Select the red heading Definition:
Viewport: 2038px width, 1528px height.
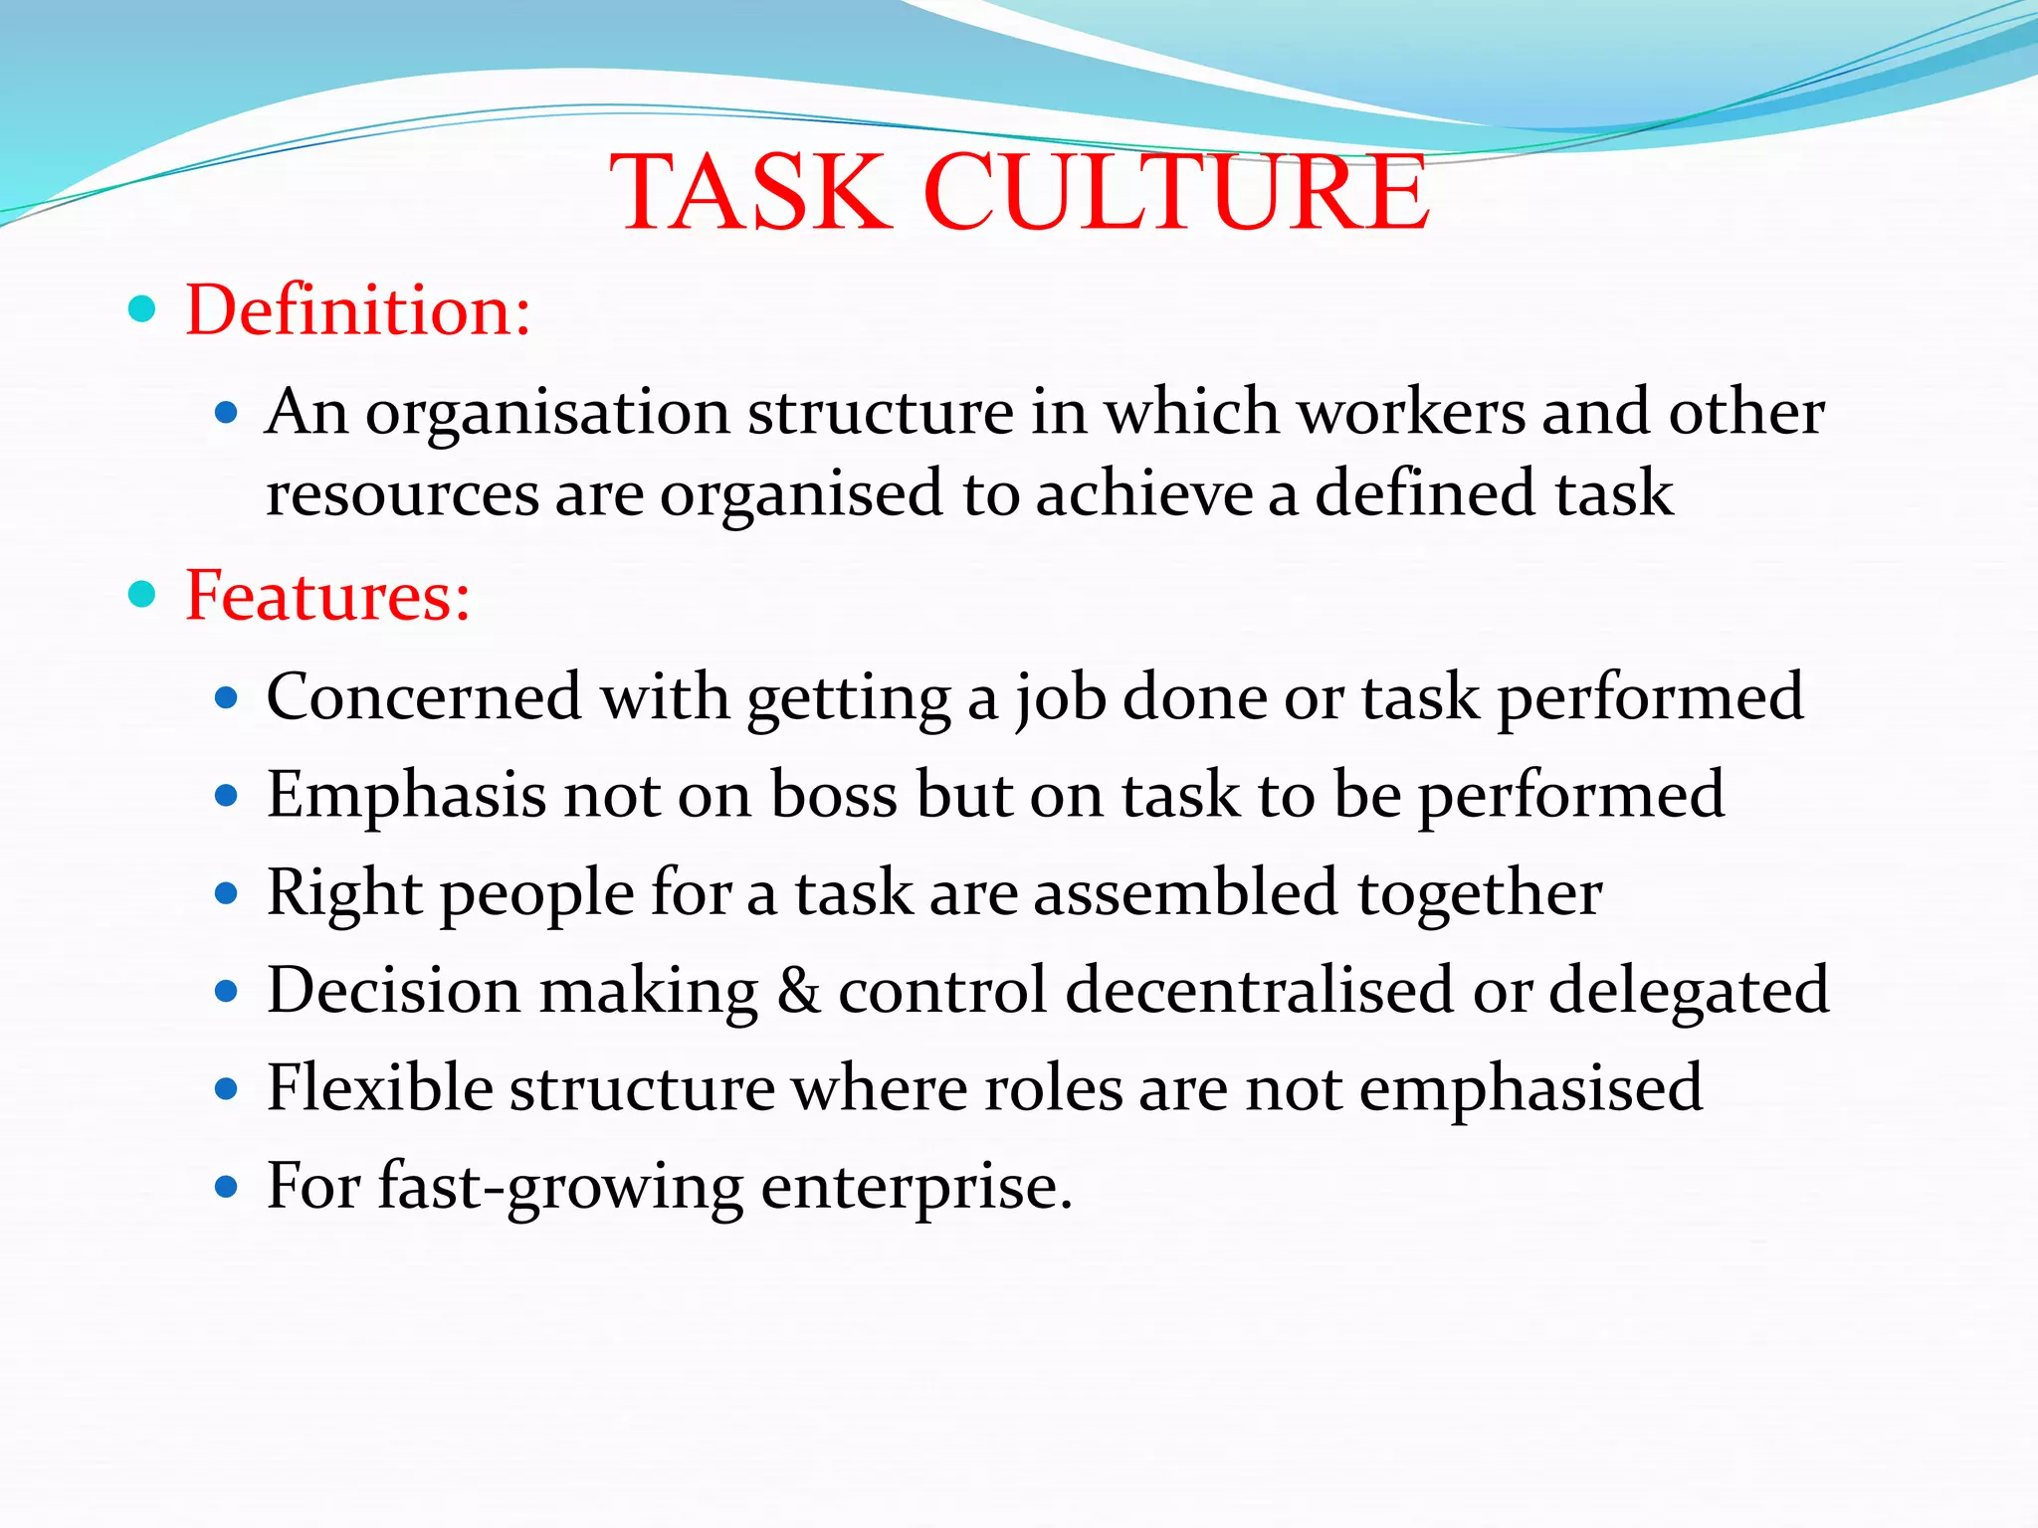(358, 310)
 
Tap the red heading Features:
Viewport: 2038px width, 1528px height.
(327, 596)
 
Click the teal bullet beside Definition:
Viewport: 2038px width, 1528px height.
(143, 309)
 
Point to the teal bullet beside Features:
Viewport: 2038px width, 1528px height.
(143, 595)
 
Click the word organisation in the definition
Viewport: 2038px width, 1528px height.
(548, 414)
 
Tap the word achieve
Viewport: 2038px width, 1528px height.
(1143, 494)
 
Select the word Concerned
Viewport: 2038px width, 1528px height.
(424, 697)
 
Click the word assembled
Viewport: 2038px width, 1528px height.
(1186, 892)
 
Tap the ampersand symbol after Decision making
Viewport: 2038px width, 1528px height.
(798, 991)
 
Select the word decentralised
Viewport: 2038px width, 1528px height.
(1260, 991)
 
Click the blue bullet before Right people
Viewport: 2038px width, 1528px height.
(227, 893)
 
